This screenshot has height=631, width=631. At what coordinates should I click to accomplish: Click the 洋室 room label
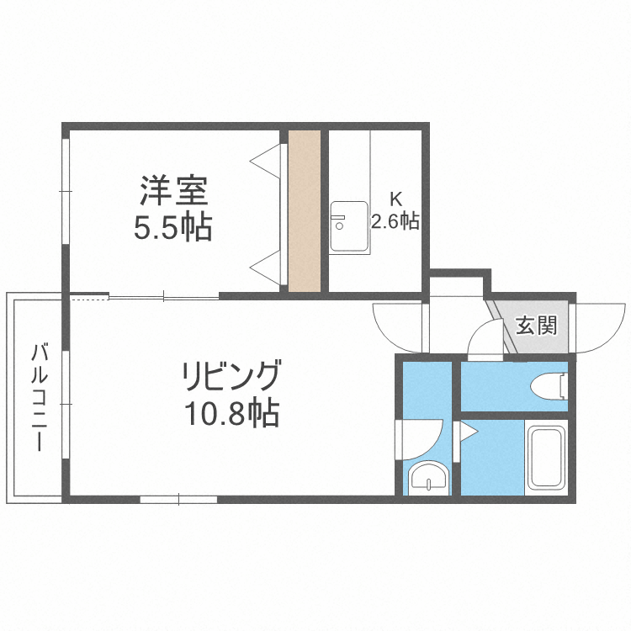172,191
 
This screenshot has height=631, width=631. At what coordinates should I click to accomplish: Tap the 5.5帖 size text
172,227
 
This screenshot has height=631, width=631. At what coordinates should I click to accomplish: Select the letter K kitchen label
395,199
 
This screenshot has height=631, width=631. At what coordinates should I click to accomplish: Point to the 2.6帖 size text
395,221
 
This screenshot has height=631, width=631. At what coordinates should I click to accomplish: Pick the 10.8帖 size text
230,413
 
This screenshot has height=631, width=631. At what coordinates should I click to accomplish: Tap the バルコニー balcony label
37,396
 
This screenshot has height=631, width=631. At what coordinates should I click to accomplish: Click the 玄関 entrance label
536,325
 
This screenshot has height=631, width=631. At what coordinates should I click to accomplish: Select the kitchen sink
347,226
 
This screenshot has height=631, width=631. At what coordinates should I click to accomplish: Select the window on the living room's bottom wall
178,499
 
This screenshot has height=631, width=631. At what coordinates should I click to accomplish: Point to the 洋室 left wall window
65,192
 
